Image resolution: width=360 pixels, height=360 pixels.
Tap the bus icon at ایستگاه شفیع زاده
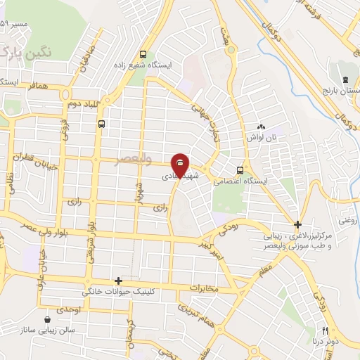click(x=143, y=54)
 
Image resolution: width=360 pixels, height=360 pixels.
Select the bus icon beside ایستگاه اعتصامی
click(x=241, y=169)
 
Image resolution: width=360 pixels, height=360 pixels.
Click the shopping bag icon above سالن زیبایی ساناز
click(x=47, y=319)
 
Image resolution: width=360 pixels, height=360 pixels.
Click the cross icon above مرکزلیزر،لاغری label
click(x=298, y=226)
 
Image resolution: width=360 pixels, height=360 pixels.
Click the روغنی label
click(x=348, y=221)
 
